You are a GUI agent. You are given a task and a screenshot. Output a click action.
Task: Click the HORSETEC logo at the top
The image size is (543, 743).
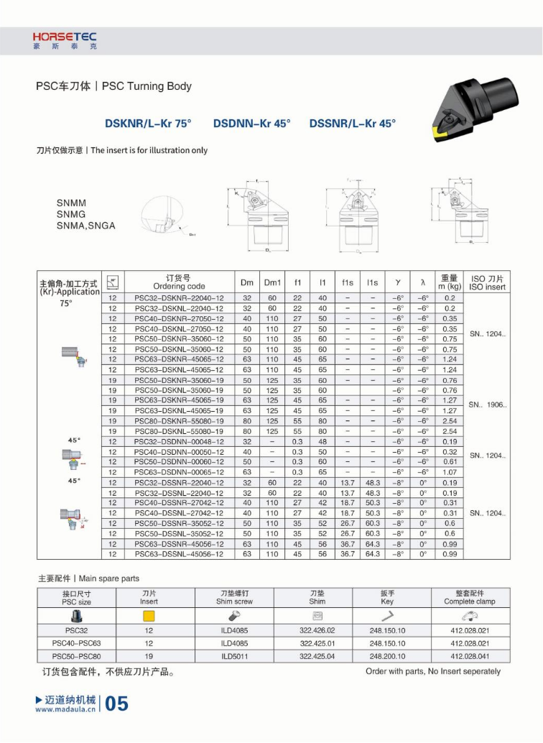pyautogui.click(x=64, y=40)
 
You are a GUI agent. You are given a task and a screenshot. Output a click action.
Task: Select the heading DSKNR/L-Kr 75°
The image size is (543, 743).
pyautogui.click(x=148, y=124)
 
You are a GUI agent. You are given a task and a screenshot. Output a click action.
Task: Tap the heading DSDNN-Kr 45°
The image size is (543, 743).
pyautogui.click(x=251, y=124)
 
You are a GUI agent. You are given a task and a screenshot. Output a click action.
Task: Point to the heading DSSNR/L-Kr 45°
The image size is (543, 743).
pyautogui.click(x=352, y=124)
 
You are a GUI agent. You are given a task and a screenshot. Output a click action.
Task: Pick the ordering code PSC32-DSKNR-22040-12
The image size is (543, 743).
pyautogui.click(x=179, y=297)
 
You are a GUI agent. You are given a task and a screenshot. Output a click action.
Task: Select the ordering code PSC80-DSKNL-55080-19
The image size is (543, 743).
pyautogui.click(x=179, y=431)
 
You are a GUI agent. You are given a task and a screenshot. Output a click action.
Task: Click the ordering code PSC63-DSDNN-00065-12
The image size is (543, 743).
pyautogui.click(x=179, y=472)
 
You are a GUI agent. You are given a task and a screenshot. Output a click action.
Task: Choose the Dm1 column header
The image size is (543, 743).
pyautogui.click(x=272, y=282)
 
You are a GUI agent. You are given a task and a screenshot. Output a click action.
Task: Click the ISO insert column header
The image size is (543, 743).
pyautogui.click(x=487, y=282)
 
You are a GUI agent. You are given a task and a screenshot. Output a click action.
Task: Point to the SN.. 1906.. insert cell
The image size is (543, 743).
pyautogui.click(x=487, y=405)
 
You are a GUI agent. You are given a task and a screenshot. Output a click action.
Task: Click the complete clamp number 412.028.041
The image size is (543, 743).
pyautogui.click(x=470, y=656)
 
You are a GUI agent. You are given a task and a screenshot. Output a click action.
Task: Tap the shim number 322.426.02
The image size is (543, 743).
pyautogui.click(x=317, y=630)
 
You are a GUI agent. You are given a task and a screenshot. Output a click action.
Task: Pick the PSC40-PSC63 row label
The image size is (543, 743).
pyautogui.click(x=76, y=643)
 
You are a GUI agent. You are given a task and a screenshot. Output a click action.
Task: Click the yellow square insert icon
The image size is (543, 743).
pyautogui.click(x=149, y=616)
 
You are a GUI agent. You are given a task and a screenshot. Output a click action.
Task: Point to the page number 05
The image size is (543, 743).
pyautogui.click(x=117, y=703)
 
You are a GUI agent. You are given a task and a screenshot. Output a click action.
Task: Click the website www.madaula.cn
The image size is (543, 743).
pyautogui.click(x=65, y=709)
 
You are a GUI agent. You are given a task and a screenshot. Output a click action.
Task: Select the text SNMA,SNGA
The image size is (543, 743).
pyautogui.click(x=85, y=226)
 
